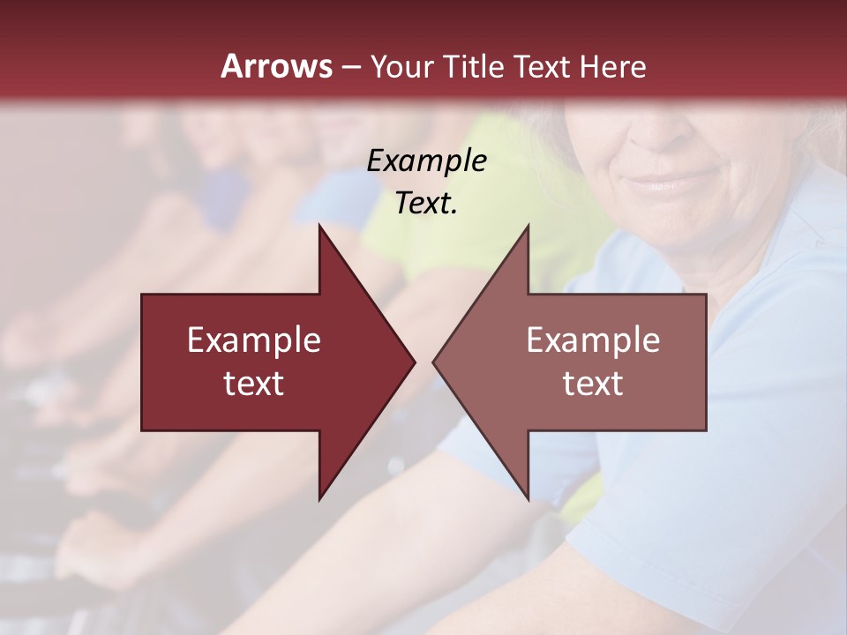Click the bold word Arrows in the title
tap(276, 65)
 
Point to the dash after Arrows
tap(350, 67)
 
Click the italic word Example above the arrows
tap(427, 161)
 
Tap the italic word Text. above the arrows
tap(427, 203)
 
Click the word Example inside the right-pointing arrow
tap(254, 340)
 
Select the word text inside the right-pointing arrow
tap(254, 384)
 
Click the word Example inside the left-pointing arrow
tap(593, 340)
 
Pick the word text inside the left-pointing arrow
tap(593, 384)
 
